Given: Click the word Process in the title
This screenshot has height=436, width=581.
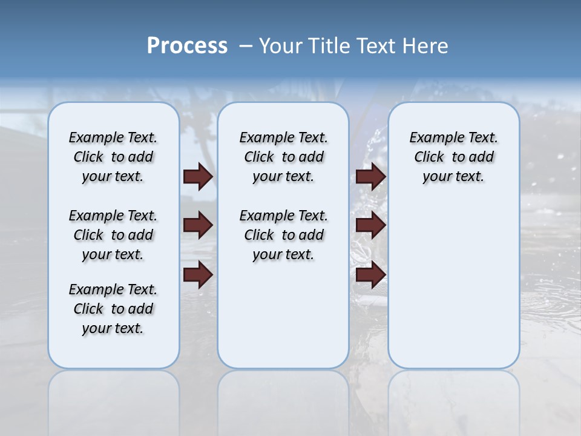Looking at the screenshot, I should pos(187,46).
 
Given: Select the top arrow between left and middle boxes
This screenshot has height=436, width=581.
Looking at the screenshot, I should pos(198,177).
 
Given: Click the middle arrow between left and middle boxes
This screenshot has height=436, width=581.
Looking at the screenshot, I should pos(198,226).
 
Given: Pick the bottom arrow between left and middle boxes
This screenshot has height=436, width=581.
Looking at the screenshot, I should pos(198,275).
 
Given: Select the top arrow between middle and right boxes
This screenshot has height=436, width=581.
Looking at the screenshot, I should pos(370,177).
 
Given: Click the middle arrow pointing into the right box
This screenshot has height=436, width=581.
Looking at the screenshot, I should pos(370,226).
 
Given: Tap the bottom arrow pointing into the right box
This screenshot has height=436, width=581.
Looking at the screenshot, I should pos(370,275).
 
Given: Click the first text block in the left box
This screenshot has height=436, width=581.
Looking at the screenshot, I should pos(113,157).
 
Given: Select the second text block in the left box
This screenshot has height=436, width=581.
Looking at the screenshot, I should pos(113,235).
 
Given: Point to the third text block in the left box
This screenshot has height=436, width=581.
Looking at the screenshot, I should pos(113,309).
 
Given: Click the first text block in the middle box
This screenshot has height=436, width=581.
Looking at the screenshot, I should pos(283,157).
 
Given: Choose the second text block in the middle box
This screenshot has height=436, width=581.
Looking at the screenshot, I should pos(283,235).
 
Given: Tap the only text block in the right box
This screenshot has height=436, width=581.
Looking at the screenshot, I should pos(453,157).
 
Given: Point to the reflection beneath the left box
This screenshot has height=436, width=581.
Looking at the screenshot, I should pos(113,400).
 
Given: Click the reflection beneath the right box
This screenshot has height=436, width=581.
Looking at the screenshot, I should pos(453,400).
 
